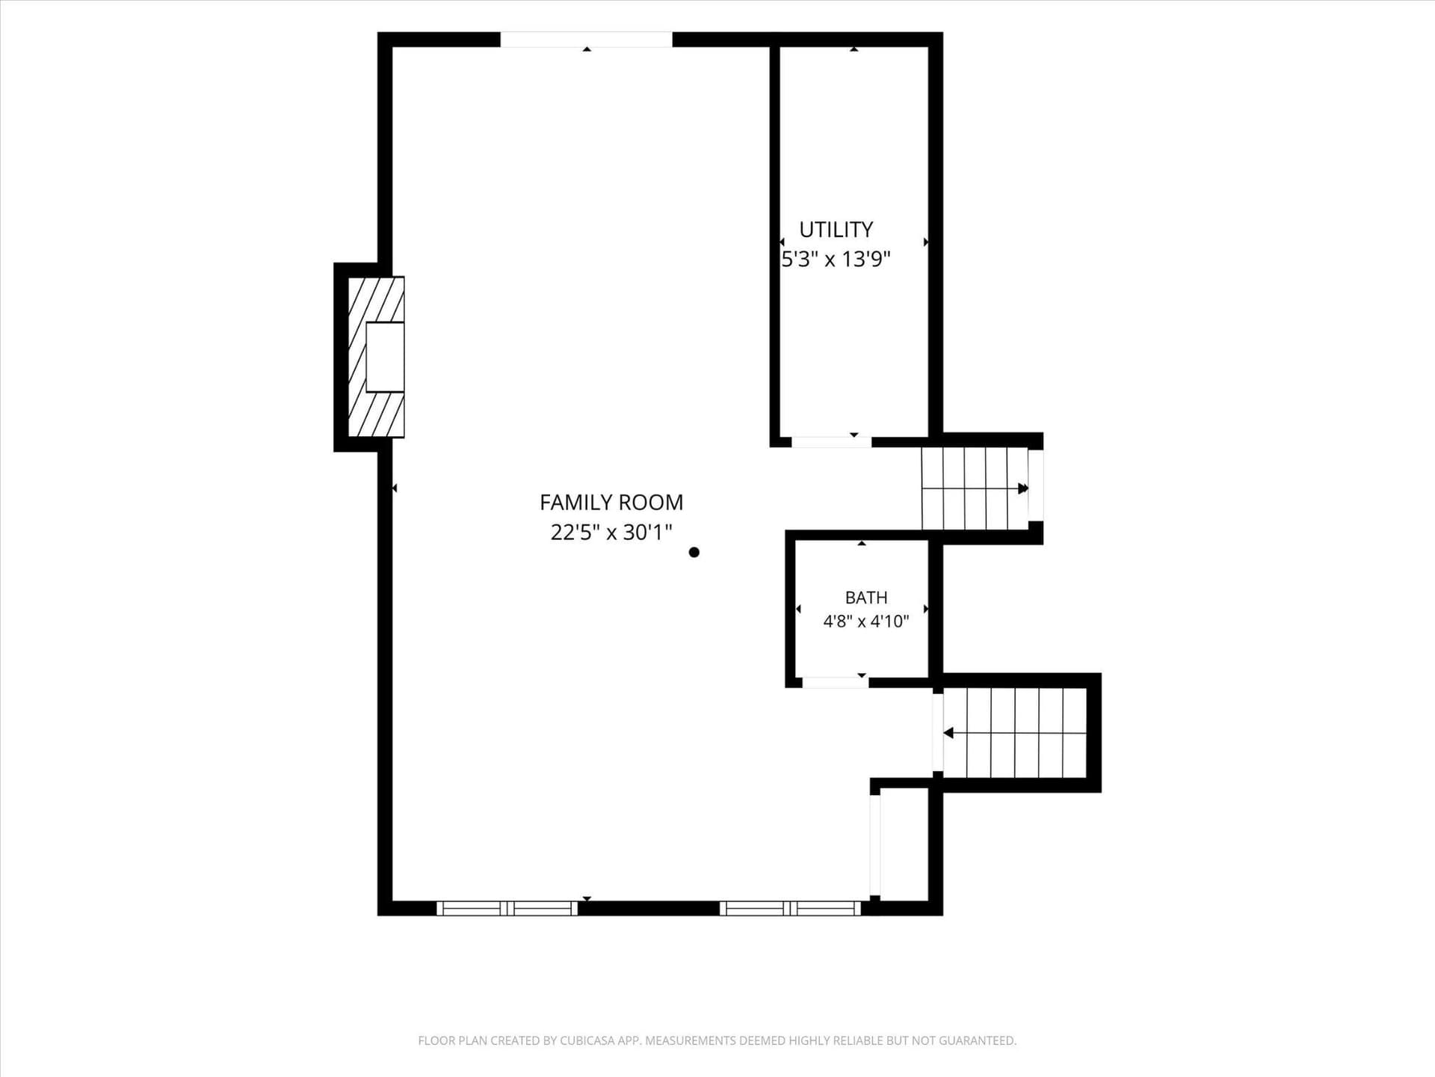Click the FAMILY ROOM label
(611, 502)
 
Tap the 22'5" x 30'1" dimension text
(611, 532)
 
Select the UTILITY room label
(836, 229)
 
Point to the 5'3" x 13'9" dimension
(836, 259)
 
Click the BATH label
(866, 598)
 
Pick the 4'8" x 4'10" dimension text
(866, 621)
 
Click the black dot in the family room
(694, 553)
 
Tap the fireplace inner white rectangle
(385, 357)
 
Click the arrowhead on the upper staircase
(1023, 488)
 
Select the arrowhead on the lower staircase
(948, 733)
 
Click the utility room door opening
(831, 442)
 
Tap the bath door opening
(835, 682)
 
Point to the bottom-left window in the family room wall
(507, 908)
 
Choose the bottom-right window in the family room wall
(790, 908)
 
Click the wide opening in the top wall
(586, 40)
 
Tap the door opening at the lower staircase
(938, 732)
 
